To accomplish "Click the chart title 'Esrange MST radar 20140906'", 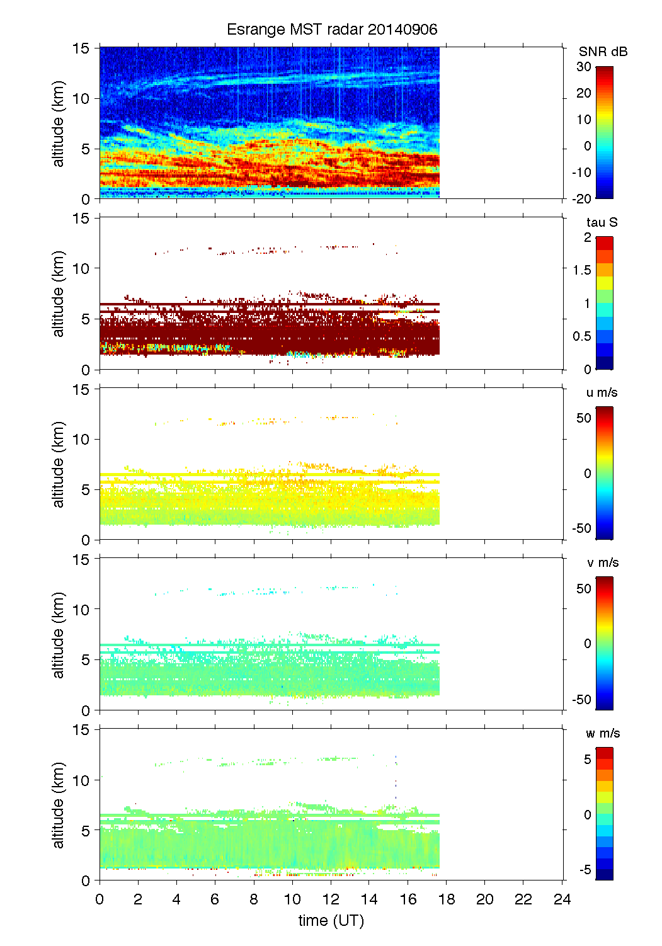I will pos(332,30).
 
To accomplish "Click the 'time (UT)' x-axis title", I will pos(331,920).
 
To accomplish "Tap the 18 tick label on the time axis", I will pos(446,899).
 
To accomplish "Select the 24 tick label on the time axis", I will pos(562,899).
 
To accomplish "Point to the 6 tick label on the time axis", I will pos(215,899).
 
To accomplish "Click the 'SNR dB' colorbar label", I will pos(603,52).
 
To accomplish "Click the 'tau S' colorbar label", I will pos(602,222).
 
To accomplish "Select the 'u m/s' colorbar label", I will pos(602,392).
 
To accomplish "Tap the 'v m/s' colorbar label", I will pos(602,562).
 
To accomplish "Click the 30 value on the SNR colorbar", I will pos(583,67).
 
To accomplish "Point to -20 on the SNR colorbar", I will pos(581,198).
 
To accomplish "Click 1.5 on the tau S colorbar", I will pos(582,270).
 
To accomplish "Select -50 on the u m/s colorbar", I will pos(581,528).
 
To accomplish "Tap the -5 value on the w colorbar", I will pos(584,870).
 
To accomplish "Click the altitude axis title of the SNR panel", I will pos(59,124).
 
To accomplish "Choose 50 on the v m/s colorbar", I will pos(584,588).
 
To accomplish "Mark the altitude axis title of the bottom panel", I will pos(59,805).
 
